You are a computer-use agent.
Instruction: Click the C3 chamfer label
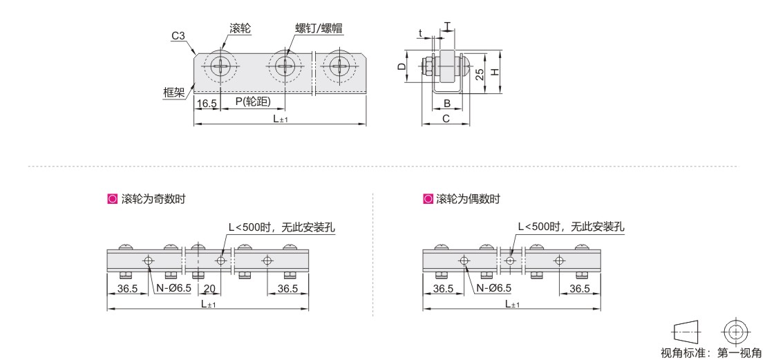pyautogui.click(x=178, y=36)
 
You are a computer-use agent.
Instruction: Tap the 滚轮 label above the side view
pyautogui.click(x=240, y=28)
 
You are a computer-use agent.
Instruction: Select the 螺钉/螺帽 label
pyautogui.click(x=319, y=28)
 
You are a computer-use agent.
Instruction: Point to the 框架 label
pyautogui.click(x=173, y=92)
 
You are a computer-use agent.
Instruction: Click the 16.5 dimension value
pyautogui.click(x=207, y=103)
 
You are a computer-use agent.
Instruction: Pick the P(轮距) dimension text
pyautogui.click(x=253, y=102)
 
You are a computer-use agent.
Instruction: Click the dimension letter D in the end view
pyautogui.click(x=401, y=66)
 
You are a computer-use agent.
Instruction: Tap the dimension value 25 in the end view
pyautogui.click(x=480, y=73)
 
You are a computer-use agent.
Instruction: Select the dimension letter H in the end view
pyautogui.click(x=495, y=71)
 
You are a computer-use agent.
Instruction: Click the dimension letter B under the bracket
pyautogui.click(x=446, y=103)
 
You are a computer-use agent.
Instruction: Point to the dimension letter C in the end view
pyautogui.click(x=446, y=118)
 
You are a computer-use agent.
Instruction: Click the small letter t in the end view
pyautogui.click(x=420, y=32)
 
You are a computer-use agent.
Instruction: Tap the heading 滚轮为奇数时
pyautogui.click(x=153, y=199)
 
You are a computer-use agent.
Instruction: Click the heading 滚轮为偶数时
pyautogui.click(x=468, y=199)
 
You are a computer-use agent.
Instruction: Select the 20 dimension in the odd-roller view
pyautogui.click(x=209, y=288)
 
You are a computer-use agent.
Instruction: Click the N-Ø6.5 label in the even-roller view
pyautogui.click(x=490, y=288)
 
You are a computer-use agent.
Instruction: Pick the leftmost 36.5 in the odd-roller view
pyautogui.click(x=127, y=288)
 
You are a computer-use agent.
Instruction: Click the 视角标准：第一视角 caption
pyautogui.click(x=711, y=352)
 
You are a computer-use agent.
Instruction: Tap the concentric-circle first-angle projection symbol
pyautogui.click(x=735, y=332)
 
